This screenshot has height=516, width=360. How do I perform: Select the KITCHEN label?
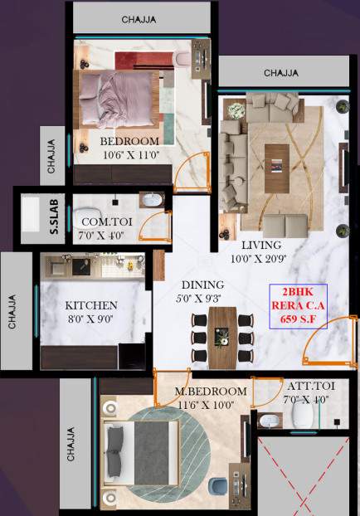pyautogui.click(x=92, y=305)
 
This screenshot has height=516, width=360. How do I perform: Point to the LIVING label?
pyautogui.click(x=261, y=246)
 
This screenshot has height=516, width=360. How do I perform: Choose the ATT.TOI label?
pyautogui.click(x=309, y=387)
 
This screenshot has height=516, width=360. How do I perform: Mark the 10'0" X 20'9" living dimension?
pyautogui.click(x=261, y=260)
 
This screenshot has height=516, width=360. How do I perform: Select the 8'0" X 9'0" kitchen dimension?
pyautogui.click(x=92, y=319)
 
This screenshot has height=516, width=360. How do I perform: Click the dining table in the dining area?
pyautogui.click(x=221, y=338)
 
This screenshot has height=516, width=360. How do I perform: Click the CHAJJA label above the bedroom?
pyautogui.click(x=141, y=18)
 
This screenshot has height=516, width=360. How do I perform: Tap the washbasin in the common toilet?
pyautogui.click(x=153, y=201)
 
